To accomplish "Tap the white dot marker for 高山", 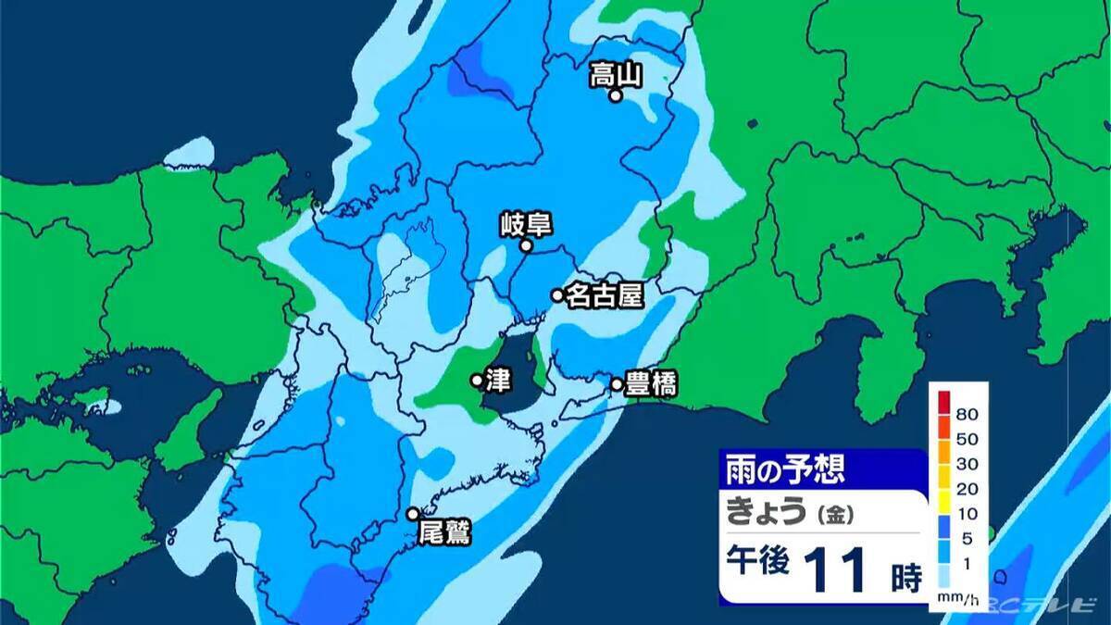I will (x=614, y=94).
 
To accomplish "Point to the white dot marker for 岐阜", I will (x=525, y=246).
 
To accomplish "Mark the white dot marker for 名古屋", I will (x=557, y=295).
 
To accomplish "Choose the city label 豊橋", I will (x=651, y=384).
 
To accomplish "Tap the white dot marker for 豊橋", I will (x=617, y=384).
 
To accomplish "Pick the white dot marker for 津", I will (x=477, y=380).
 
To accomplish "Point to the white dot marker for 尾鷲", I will (x=413, y=514).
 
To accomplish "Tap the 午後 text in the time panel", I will (x=757, y=563).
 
